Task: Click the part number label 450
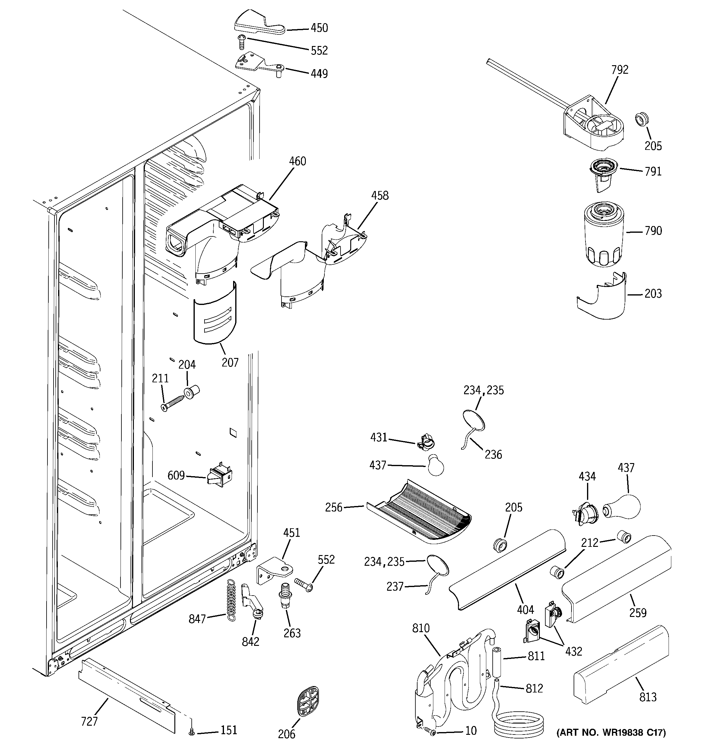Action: [319, 28]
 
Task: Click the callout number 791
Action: [653, 172]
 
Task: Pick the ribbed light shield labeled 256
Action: [419, 511]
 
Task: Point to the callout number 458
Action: [380, 196]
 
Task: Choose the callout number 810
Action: [421, 628]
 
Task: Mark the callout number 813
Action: [647, 697]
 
